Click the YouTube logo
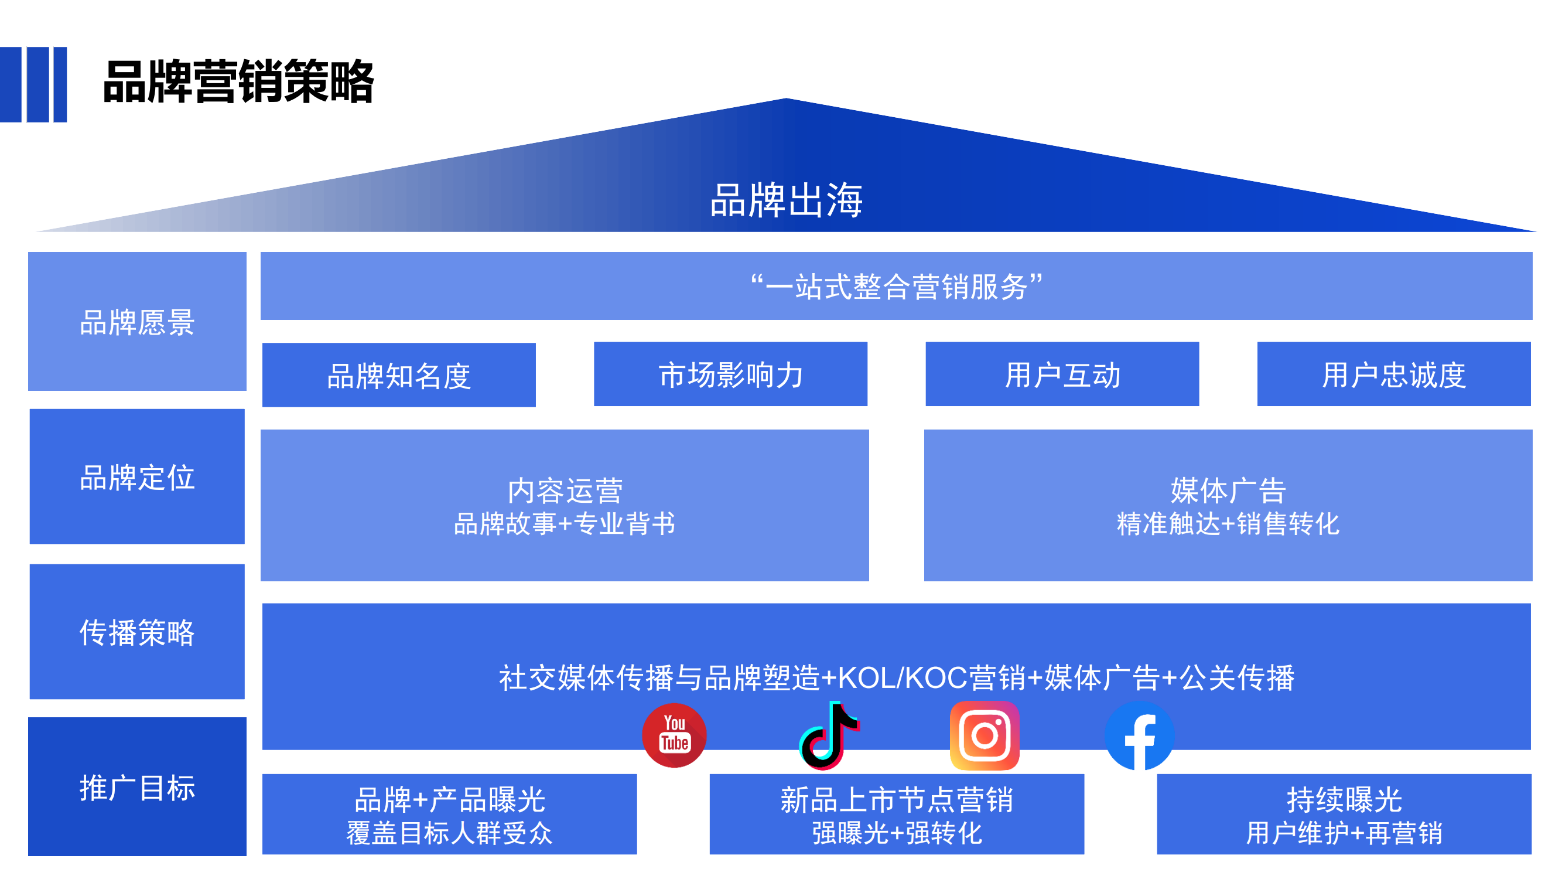click(674, 735)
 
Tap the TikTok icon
click(829, 736)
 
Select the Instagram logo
click(984, 735)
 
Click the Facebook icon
click(1139, 736)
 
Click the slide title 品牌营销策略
click(238, 82)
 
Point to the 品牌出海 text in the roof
click(786, 200)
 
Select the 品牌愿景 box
click(137, 322)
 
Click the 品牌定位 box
click(137, 477)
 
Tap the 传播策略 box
click(137, 632)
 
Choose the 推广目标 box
click(137, 787)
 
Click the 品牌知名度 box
click(399, 375)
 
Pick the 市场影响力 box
click(730, 374)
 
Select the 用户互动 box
click(1062, 374)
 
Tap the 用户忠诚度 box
click(1393, 374)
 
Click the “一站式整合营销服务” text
click(896, 287)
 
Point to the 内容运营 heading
click(565, 490)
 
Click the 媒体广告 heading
click(1228, 490)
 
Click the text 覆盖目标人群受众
click(449, 833)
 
